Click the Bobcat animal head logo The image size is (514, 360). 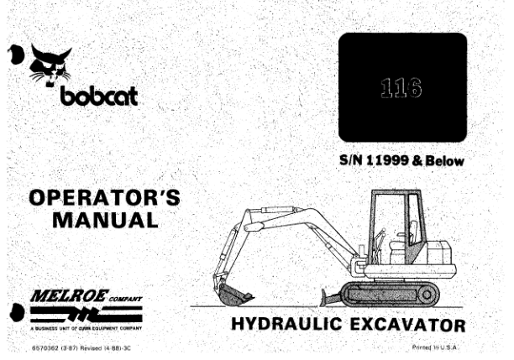click(48, 66)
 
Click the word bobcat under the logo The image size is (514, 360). click(98, 98)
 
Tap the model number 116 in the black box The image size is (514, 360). click(401, 86)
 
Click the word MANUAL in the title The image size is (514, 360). click(104, 221)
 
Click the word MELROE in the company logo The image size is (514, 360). click(66, 296)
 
